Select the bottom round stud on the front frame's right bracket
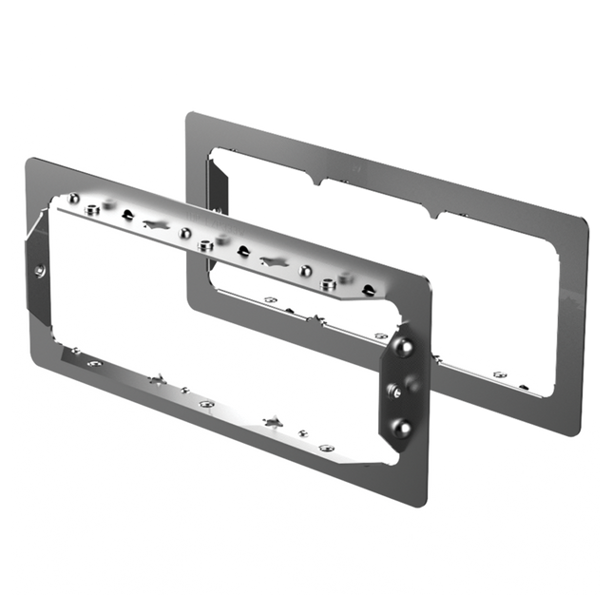point(404,428)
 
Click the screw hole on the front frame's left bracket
point(39,270)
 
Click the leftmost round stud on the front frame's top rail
point(73,199)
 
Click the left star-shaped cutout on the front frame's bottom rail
point(157,380)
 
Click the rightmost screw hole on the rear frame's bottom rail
point(525,386)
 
